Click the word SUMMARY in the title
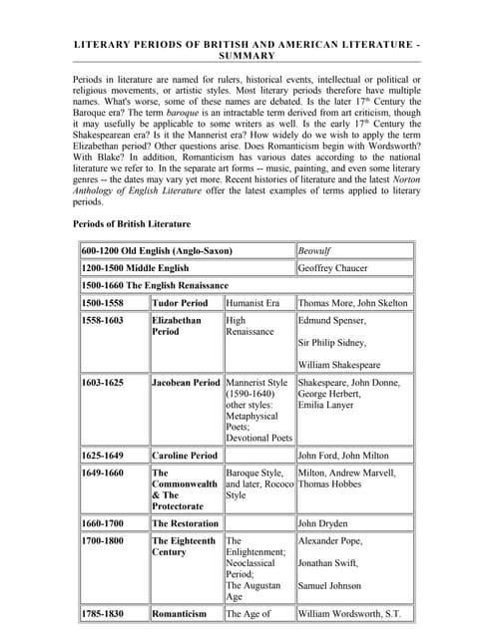(x=247, y=58)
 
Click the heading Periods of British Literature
(x=132, y=223)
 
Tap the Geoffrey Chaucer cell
(x=335, y=267)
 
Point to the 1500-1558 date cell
(x=103, y=302)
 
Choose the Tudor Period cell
(x=180, y=302)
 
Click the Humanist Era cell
(x=252, y=302)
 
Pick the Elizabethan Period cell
(x=177, y=326)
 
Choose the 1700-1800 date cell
(x=103, y=541)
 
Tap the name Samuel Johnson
(x=334, y=586)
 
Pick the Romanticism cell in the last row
(x=180, y=614)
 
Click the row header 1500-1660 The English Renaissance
(x=155, y=285)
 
